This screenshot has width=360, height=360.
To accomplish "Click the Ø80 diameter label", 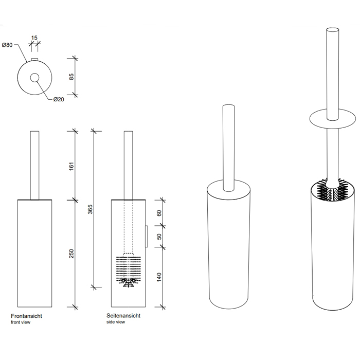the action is pyautogui.click(x=7, y=45).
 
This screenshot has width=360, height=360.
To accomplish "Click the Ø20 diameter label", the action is pyautogui.click(x=59, y=99).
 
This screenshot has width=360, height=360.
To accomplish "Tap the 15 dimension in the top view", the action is pyautogui.click(x=34, y=38).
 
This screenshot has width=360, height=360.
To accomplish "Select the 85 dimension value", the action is pyautogui.click(x=71, y=77).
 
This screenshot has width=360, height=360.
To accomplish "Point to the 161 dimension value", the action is pyautogui.click(x=71, y=166).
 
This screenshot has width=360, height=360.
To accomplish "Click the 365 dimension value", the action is pyautogui.click(x=90, y=209).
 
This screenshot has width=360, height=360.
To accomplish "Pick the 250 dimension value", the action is pyautogui.click(x=71, y=254).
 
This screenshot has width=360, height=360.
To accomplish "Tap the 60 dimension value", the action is pyautogui.click(x=159, y=213).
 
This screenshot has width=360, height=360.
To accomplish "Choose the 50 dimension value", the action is pyautogui.click(x=159, y=237).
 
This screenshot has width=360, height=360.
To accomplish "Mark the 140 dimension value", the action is pyautogui.click(x=159, y=277).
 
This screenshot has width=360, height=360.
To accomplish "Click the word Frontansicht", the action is pyautogui.click(x=26, y=316).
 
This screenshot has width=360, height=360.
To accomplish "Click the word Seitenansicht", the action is pyautogui.click(x=123, y=316).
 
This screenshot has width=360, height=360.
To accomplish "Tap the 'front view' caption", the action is pyautogui.click(x=21, y=322).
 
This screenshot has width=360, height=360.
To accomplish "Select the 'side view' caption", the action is pyautogui.click(x=116, y=322).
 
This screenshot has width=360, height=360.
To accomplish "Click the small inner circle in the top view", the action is pyautogui.click(x=34, y=78).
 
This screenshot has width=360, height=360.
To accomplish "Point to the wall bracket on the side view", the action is pyautogui.click(x=147, y=237).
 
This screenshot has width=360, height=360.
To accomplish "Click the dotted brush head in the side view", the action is pyautogui.click(x=129, y=270).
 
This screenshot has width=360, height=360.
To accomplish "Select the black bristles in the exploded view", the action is pyautogui.click(x=332, y=190).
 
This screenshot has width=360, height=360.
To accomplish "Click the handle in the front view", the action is pyautogui.click(x=34, y=165).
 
